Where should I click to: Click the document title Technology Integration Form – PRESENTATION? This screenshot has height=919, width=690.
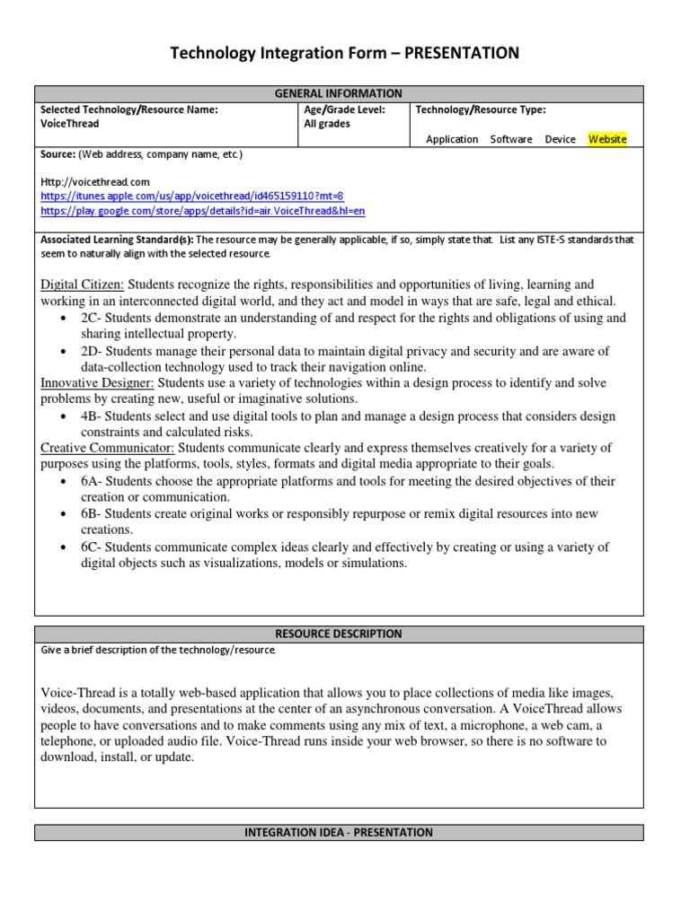345,54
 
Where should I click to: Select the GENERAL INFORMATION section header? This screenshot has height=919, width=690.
339,93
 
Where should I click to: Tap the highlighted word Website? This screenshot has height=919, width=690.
607,139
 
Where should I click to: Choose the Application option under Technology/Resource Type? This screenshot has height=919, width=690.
452,139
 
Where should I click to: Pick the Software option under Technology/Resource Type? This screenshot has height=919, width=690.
511,139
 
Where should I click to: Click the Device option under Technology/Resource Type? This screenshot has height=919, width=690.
560,139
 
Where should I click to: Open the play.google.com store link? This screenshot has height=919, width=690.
203,211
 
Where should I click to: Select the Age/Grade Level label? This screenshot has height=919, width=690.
345,109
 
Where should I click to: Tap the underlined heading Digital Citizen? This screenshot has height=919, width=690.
82,284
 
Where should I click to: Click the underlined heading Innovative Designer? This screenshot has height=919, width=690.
97,382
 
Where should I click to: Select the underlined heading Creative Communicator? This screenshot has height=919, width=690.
107,448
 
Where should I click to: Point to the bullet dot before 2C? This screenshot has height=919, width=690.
62,319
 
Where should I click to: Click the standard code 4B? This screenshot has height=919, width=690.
90,416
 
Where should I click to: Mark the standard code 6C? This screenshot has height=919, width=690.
90,547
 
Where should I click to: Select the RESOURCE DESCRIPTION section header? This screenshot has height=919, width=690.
339,633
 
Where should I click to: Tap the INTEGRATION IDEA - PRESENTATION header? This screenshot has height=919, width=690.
339,832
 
